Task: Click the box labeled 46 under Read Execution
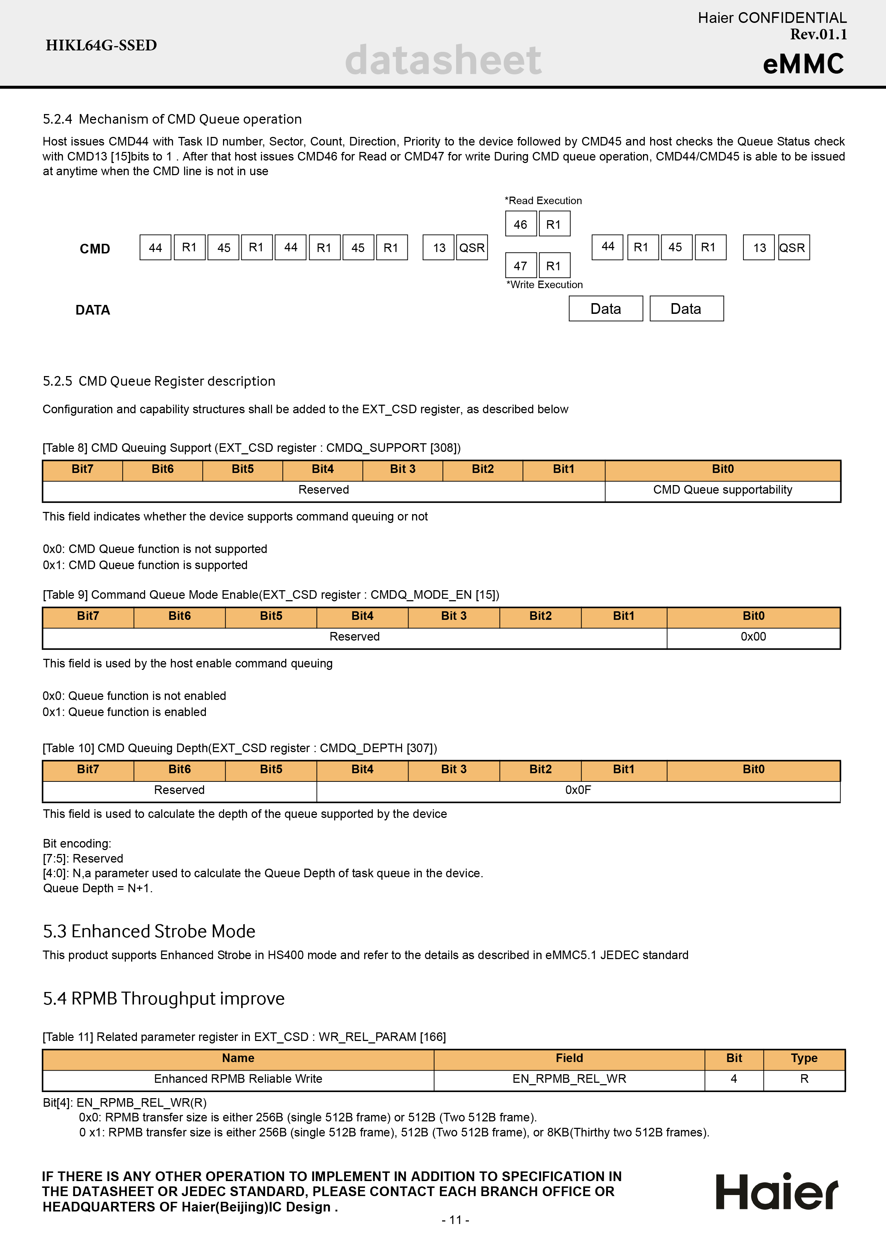click(x=520, y=224)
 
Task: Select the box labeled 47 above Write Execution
click(x=520, y=266)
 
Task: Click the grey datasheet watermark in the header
click(x=443, y=60)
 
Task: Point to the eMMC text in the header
click(x=803, y=64)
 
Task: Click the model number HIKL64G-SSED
click(x=101, y=45)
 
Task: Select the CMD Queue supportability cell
click(x=722, y=490)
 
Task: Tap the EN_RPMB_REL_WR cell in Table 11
click(x=569, y=1079)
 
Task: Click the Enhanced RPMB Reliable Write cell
click(x=238, y=1079)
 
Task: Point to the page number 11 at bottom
click(x=455, y=1220)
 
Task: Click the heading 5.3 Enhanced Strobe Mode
click(x=149, y=931)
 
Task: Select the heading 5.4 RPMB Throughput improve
click(x=164, y=998)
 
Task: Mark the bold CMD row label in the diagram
click(x=95, y=249)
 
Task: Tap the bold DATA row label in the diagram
click(x=93, y=310)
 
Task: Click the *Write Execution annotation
click(x=544, y=285)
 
